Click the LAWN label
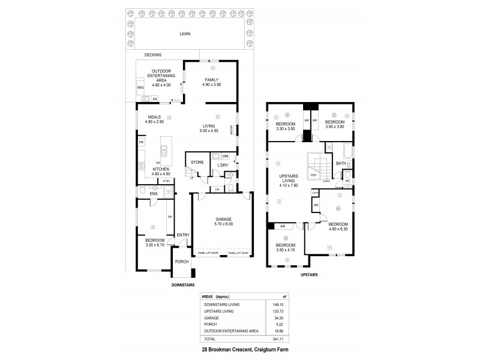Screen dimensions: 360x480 point(185,34)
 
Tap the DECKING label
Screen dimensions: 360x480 point(136,55)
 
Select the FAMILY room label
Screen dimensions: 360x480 point(211,80)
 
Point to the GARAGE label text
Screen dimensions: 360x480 point(215,219)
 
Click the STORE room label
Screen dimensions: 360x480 point(197,163)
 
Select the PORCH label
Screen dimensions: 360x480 point(182,262)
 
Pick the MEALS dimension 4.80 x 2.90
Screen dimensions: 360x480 point(155,122)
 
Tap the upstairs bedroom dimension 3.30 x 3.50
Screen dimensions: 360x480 point(286,129)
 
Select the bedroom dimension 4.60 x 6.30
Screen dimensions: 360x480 point(338,229)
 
